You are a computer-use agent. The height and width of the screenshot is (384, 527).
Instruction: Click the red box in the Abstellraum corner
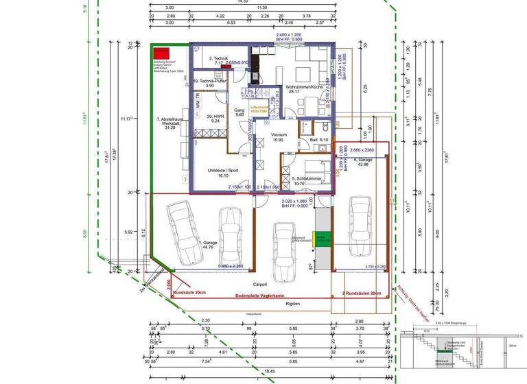point(162,52)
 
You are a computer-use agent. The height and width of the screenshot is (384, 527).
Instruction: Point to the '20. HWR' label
point(214,119)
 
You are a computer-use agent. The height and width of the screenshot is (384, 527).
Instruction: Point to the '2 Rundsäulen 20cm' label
point(362,293)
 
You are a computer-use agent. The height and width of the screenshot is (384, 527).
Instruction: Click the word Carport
point(260,283)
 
